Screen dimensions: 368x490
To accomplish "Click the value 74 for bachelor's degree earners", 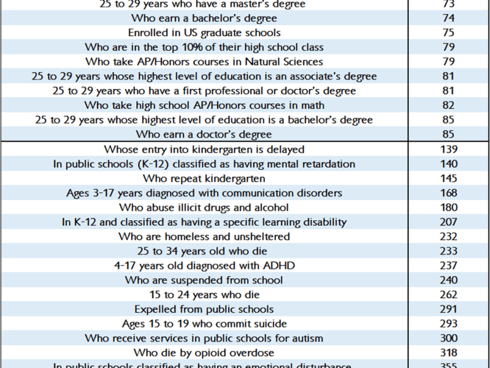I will pos(448,18).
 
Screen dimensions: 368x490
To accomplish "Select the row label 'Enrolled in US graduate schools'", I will pos(204,33).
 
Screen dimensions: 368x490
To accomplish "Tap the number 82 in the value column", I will pos(448,105).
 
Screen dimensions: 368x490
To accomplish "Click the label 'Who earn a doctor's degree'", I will pos(204,134).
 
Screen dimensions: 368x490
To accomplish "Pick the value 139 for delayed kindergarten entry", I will pos(449,149).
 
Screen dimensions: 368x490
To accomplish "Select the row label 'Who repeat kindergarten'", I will pos(204,178).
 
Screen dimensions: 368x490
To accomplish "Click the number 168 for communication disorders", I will pos(449,193).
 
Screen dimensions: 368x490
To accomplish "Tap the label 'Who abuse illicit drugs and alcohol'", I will pos(204,207).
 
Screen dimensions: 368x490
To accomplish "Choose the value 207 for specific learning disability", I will pos(449,222).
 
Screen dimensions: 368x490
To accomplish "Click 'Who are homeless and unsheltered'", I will pos(204,237).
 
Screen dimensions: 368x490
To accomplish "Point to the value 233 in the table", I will pos(449,251).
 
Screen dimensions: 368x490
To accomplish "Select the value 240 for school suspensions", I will pos(449,280).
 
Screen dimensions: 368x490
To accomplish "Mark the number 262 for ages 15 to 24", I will pos(449,294).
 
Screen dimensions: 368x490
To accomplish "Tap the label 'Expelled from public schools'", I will pos(204,309).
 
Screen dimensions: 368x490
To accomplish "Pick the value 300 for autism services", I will pos(449,338).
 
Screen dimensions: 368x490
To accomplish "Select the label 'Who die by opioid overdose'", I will pos(204,353).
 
